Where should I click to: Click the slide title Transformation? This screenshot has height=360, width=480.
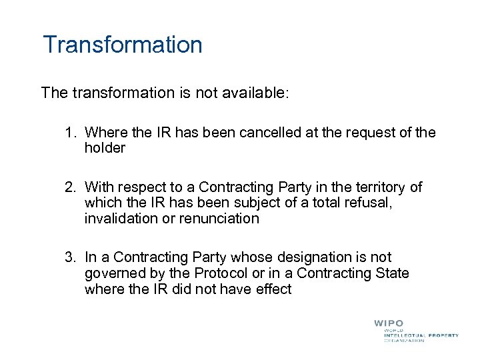(122, 45)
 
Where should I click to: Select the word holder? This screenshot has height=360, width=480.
(105, 149)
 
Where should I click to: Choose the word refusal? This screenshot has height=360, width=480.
(367, 203)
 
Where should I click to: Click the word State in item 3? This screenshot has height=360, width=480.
(393, 273)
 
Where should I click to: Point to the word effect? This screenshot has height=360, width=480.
(271, 289)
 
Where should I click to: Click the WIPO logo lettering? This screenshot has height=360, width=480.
(388, 324)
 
